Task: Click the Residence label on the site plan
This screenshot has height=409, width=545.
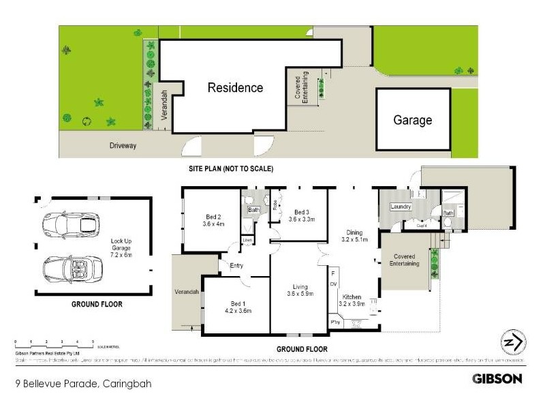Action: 235,88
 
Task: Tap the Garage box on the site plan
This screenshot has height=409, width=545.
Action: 412,121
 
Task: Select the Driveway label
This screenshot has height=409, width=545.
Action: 123,145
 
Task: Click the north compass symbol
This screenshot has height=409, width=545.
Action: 510,342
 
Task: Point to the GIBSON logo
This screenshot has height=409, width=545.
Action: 497,378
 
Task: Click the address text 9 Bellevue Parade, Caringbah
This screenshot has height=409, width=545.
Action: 82,384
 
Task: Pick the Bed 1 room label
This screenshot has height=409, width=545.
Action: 238,307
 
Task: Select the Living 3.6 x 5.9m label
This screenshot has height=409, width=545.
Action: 300,291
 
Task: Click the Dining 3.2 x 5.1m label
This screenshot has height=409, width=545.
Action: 354,236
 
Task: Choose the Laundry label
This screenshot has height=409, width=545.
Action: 399,207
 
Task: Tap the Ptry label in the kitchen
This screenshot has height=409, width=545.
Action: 334,322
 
